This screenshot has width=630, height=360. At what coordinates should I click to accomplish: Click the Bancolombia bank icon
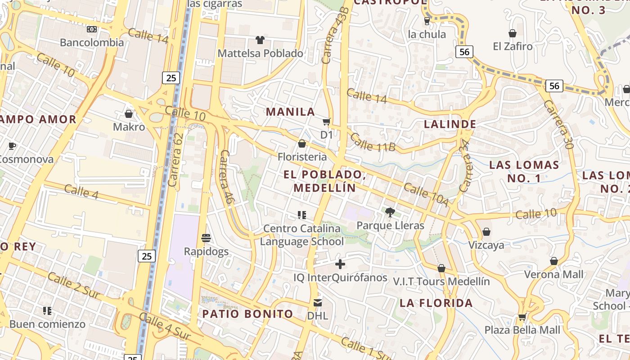pos(92,29)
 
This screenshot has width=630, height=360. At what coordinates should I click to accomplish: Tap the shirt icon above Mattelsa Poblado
pos(260,40)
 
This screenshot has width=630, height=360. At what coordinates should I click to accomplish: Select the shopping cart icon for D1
pos(327,121)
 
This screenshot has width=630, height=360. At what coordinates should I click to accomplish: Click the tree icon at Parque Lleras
pos(390,212)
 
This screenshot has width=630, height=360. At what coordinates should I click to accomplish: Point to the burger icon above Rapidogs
pos(206,238)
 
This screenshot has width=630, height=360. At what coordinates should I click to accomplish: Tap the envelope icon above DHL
pos(318,302)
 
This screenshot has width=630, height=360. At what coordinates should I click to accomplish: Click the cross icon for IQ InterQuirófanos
pos(340,264)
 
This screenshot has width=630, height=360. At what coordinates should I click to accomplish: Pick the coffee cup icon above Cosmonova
pos(12,146)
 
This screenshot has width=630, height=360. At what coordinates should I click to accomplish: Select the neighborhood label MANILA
pos(290,112)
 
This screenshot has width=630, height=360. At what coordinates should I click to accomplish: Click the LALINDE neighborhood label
pos(450,124)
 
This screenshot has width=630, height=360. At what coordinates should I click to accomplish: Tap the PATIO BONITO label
pos(247,314)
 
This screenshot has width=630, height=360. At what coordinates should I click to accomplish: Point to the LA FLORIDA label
pos(436,303)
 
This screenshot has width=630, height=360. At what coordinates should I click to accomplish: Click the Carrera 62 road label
pos(175,159)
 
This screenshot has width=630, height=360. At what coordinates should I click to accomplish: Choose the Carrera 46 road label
pos(226,177)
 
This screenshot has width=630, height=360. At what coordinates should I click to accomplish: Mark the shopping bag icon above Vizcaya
pos(486,232)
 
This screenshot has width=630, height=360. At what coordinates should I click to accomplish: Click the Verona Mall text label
pos(553,274)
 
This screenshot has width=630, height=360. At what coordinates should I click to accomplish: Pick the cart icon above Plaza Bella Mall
pos(522,317)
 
